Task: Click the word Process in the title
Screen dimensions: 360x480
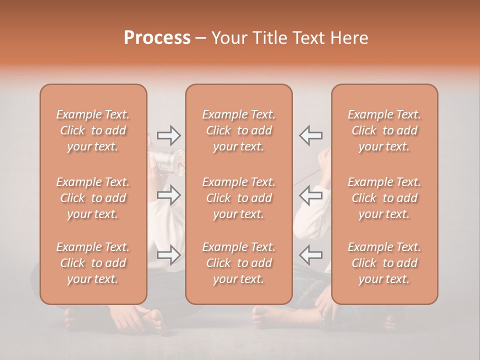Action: click(x=157, y=38)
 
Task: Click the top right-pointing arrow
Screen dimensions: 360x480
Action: click(x=168, y=135)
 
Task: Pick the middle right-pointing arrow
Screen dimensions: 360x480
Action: click(x=168, y=195)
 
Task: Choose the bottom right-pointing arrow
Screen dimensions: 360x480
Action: click(x=168, y=255)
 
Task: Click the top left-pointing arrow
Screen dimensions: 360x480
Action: click(x=310, y=135)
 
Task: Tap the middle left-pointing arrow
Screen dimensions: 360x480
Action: click(x=310, y=195)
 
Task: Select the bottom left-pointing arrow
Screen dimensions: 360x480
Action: click(x=310, y=255)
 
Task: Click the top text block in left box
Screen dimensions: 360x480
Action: click(x=93, y=130)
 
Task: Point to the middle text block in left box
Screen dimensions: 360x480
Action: click(x=93, y=198)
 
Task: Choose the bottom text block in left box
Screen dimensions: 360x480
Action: click(x=93, y=263)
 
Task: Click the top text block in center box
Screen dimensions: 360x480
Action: click(x=238, y=130)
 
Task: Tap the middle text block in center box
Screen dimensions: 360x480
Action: click(x=238, y=198)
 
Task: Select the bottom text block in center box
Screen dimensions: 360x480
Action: click(x=238, y=263)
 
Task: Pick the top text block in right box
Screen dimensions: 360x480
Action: click(x=384, y=130)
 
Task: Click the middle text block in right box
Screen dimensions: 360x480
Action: click(x=384, y=198)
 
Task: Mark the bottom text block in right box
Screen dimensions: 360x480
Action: click(x=384, y=263)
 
